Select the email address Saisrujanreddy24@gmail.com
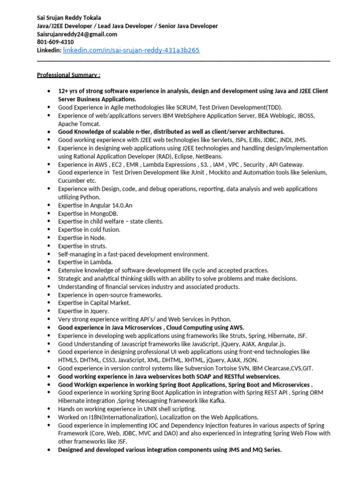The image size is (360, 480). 77,34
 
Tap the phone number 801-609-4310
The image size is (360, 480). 55,42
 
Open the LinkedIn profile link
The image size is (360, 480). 131,50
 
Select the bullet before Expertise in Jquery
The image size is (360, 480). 49,311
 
